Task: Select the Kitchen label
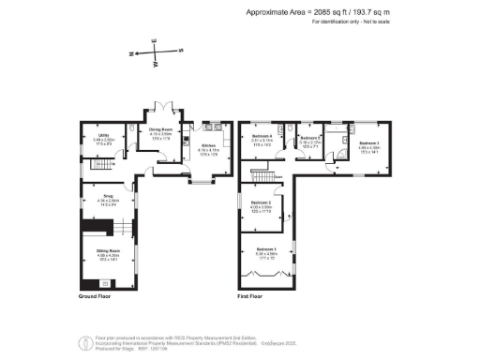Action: (207, 146)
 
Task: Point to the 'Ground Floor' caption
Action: (96, 296)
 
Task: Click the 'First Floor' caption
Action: (250, 296)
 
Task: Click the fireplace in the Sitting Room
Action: (104, 282)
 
